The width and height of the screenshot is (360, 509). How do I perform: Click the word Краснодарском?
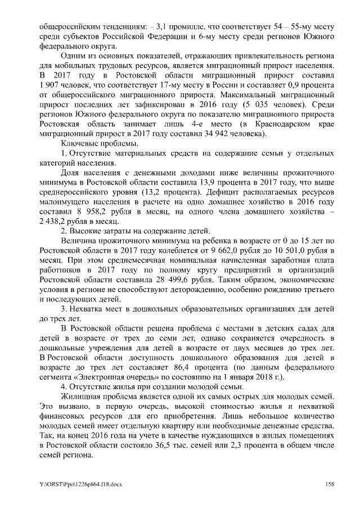(281, 124)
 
